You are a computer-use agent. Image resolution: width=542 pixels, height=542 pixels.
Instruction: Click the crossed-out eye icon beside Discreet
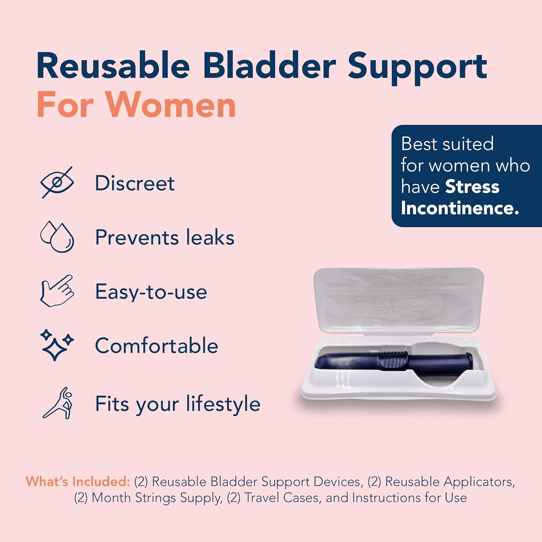click(x=57, y=182)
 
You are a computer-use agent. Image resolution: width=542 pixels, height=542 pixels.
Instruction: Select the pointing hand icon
click(x=57, y=291)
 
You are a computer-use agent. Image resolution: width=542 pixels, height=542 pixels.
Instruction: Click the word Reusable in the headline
click(x=113, y=66)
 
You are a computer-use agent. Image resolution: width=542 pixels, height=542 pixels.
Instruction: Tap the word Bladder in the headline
click(x=269, y=66)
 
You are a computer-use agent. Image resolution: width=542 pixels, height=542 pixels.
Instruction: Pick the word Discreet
click(x=135, y=183)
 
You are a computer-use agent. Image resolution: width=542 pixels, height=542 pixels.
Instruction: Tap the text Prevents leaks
click(x=165, y=237)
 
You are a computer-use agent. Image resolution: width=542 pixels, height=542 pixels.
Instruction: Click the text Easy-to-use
click(x=151, y=292)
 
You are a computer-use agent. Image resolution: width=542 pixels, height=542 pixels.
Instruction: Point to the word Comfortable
click(x=156, y=346)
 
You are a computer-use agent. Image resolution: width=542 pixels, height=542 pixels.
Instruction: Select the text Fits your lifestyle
click(x=177, y=404)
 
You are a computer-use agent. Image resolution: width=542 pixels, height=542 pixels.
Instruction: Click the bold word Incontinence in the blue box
click(x=460, y=208)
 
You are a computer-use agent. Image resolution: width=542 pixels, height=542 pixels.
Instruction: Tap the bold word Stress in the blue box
click(x=472, y=187)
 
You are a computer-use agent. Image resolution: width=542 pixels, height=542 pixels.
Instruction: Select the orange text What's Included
click(x=78, y=482)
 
